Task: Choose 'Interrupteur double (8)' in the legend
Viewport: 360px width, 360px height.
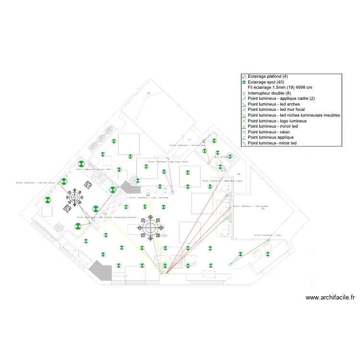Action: click(x=268, y=93)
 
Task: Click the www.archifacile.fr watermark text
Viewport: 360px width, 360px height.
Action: click(x=330, y=298)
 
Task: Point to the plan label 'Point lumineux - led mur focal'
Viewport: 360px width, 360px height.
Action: click(x=36, y=183)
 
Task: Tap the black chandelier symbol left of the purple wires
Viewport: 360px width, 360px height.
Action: click(x=74, y=196)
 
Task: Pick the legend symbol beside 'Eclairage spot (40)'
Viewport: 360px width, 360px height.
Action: click(x=244, y=82)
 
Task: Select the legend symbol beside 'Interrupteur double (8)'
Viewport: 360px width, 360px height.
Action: click(x=244, y=93)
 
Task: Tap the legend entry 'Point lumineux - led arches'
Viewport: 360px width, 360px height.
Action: click(x=273, y=104)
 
